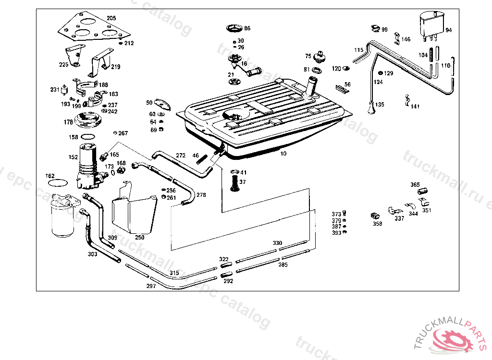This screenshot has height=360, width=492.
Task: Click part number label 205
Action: point(111,18)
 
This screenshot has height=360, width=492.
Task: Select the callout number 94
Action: point(449,30)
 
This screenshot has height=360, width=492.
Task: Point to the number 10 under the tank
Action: point(283,154)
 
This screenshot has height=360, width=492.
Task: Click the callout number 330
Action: point(278,243)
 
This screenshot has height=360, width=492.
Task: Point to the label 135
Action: point(380,104)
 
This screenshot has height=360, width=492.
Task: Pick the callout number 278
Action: point(201,195)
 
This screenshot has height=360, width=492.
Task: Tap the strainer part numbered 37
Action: point(235,184)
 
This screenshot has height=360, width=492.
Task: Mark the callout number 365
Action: point(415,185)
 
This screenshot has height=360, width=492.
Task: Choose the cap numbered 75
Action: point(319,58)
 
